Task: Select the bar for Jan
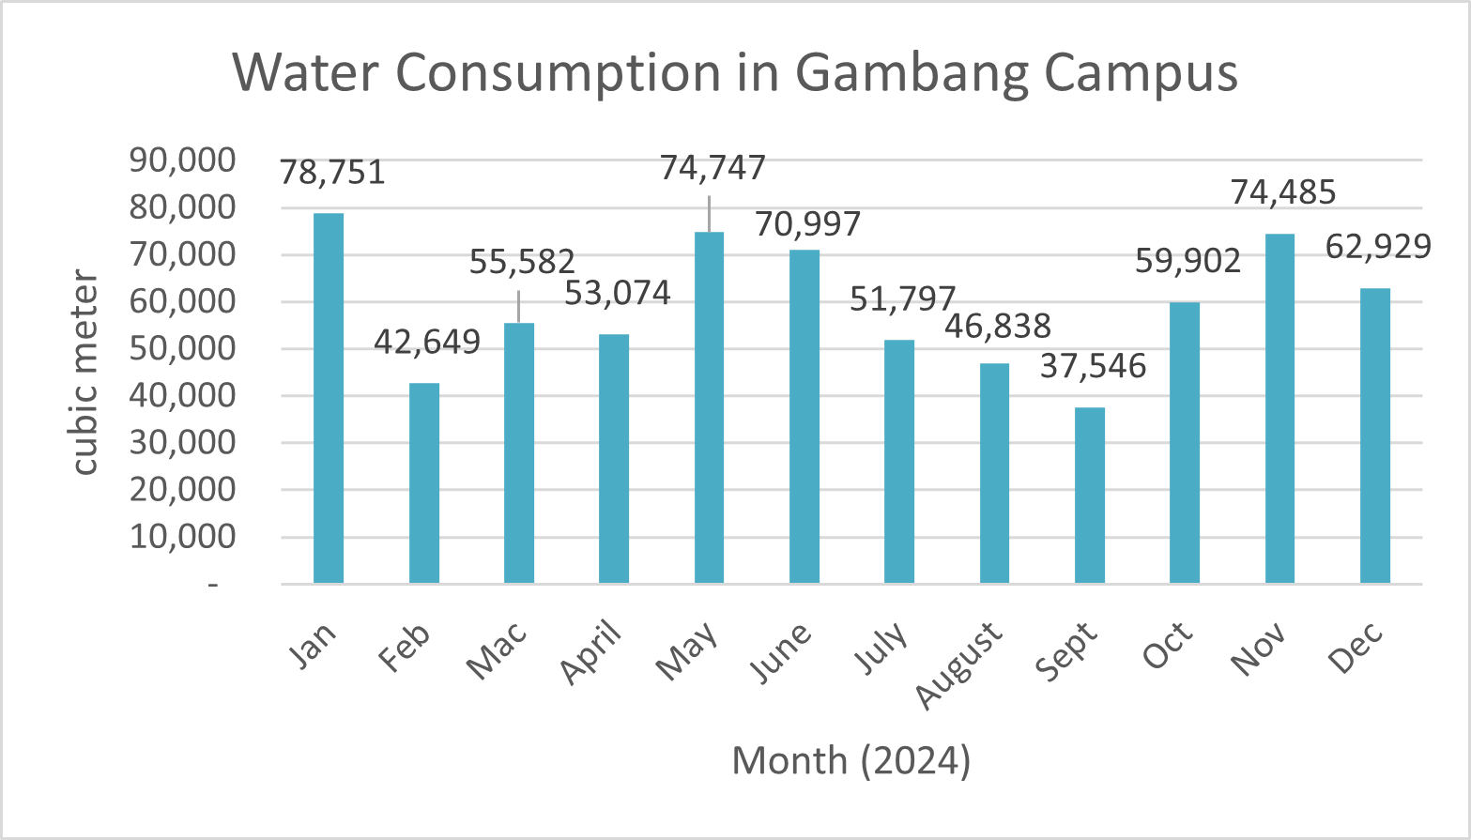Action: click(x=329, y=398)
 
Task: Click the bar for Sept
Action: click(x=1090, y=496)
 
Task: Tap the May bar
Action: click(x=709, y=407)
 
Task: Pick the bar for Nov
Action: click(x=1279, y=408)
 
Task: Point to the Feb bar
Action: click(x=424, y=483)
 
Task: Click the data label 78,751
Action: click(x=332, y=173)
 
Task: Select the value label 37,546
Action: click(x=1093, y=366)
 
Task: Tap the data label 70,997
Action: click(x=807, y=224)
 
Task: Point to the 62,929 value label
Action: click(x=1378, y=247)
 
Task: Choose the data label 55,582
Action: click(x=522, y=262)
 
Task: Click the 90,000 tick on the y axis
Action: click(x=182, y=160)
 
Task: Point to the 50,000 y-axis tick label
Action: click(x=182, y=348)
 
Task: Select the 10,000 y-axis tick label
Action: click(x=182, y=537)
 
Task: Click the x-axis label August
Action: click(x=960, y=664)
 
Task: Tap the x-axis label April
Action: click(x=592, y=651)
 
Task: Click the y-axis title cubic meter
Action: click(x=85, y=373)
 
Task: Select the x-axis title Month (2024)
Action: click(x=850, y=760)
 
